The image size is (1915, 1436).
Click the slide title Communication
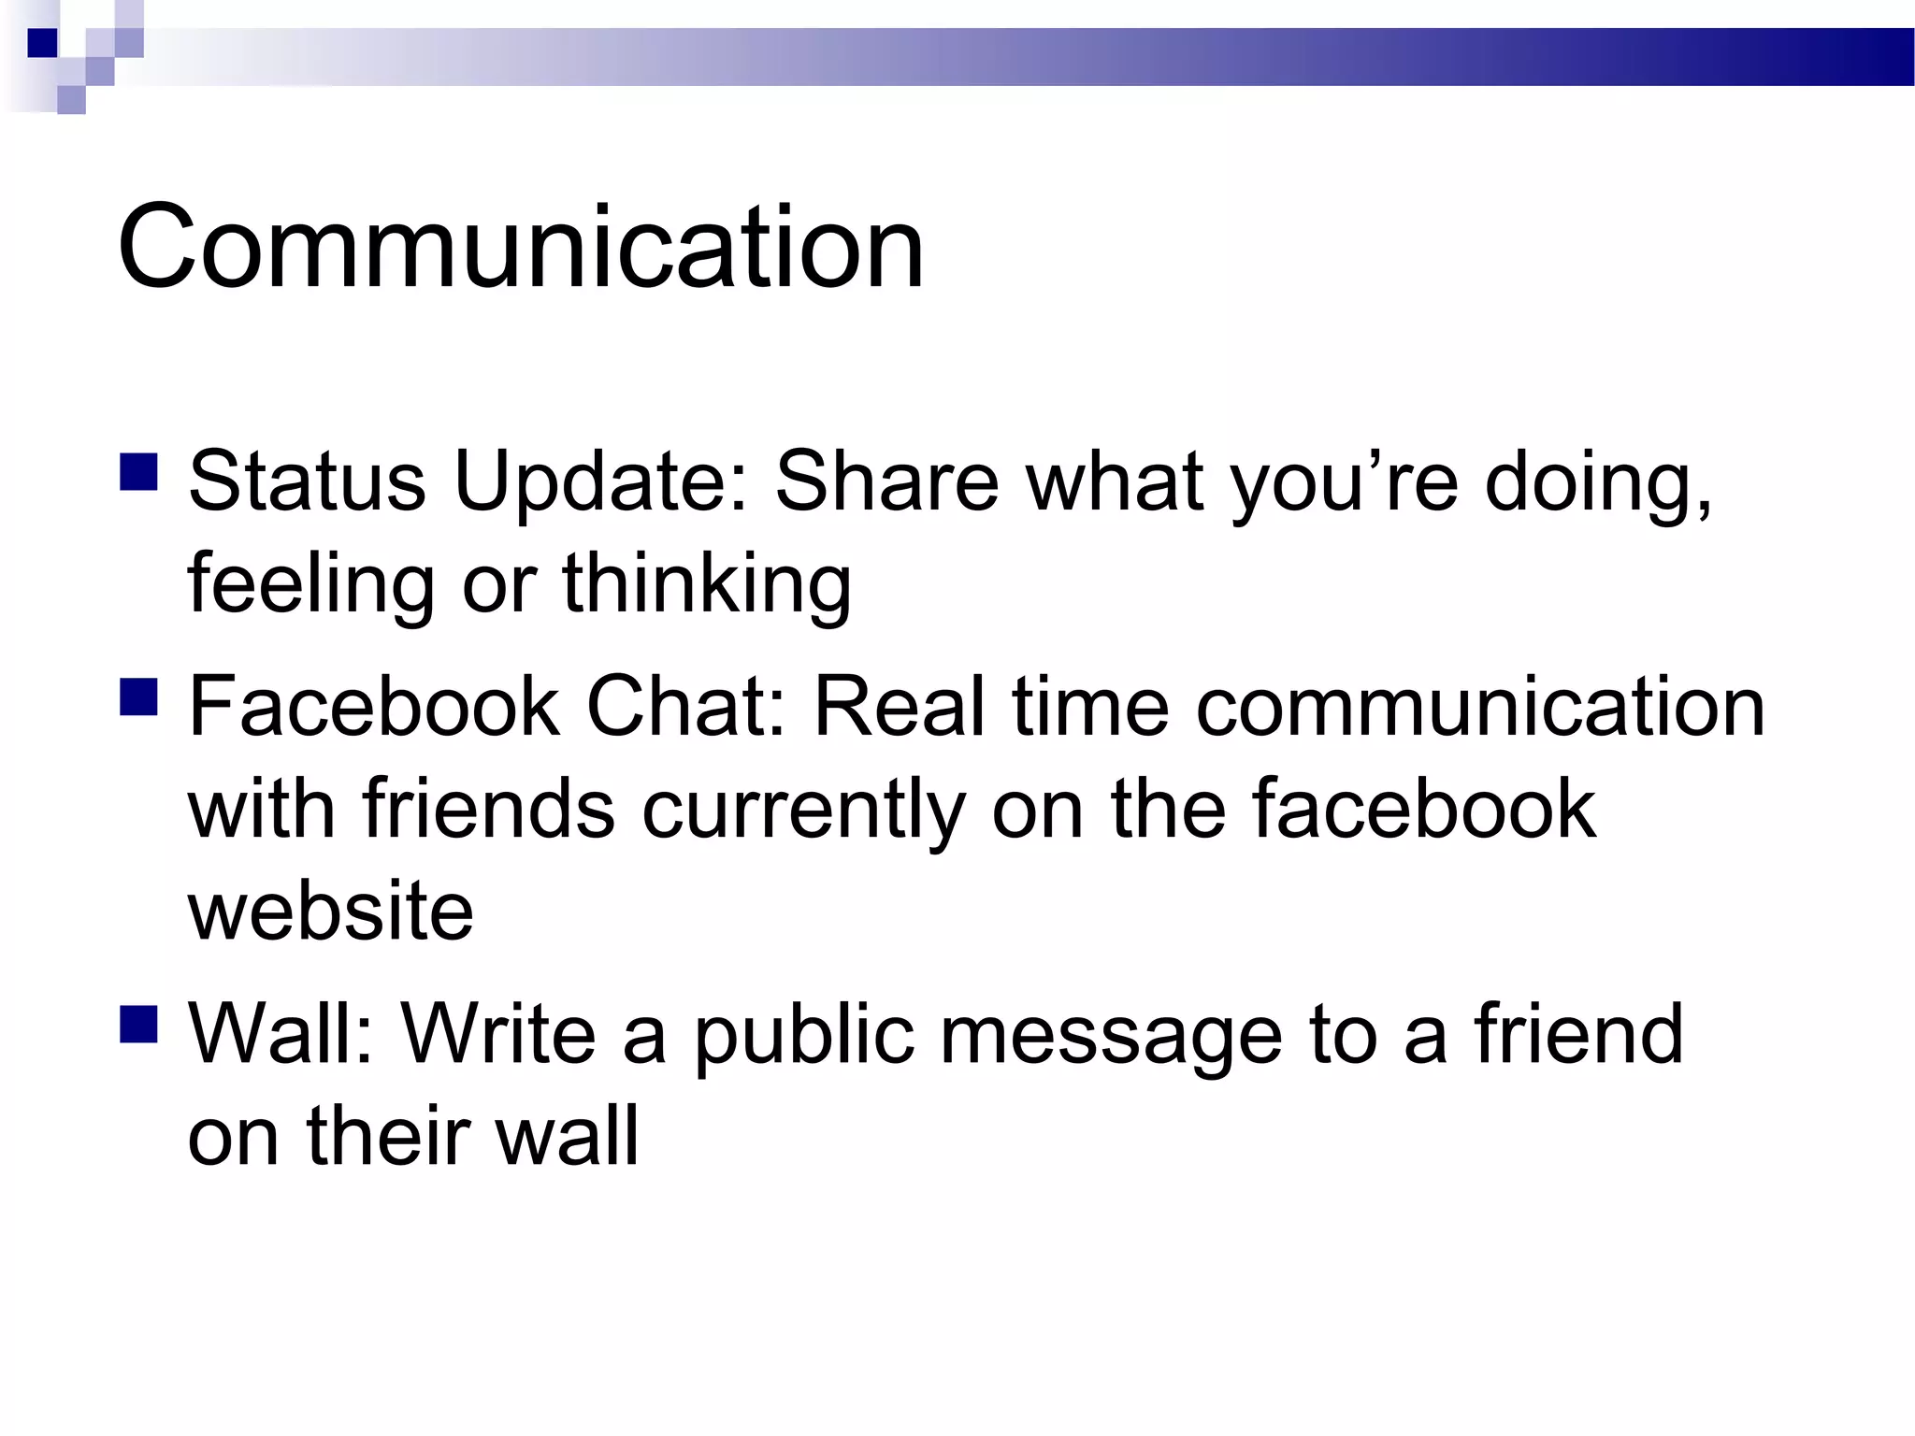click(520, 248)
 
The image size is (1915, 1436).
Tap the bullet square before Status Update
click(138, 472)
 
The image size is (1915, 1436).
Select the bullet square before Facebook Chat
click(138, 696)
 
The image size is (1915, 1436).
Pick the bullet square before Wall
click(138, 1024)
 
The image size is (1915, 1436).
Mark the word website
click(331, 911)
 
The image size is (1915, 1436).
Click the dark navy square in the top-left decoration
click(42, 42)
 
